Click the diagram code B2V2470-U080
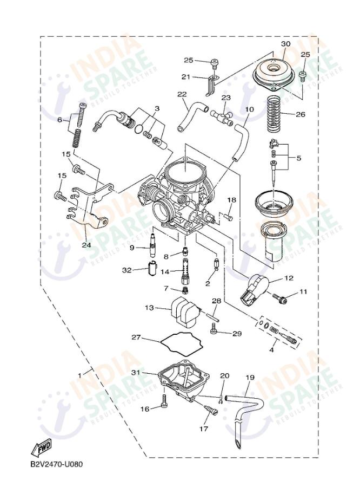tap(56, 464)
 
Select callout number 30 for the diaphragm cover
tap(285, 44)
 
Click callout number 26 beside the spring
tap(301, 114)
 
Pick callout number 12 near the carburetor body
tap(289, 278)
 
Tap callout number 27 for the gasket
tap(137, 337)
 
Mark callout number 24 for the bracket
tap(85, 244)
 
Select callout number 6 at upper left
tap(60, 120)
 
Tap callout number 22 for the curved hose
tap(182, 94)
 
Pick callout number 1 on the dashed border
tap(81, 374)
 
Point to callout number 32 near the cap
tap(126, 270)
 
